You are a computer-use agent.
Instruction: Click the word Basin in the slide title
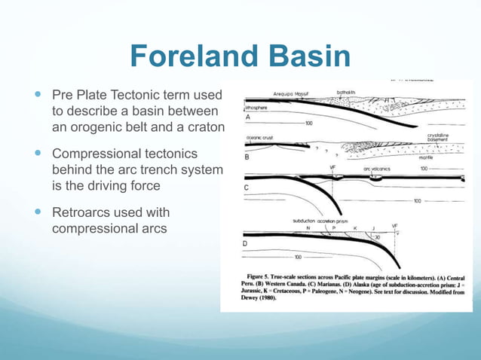click(x=306, y=56)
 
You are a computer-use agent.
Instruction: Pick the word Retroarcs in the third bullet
click(x=78, y=210)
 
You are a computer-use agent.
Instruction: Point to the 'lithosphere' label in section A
click(x=257, y=108)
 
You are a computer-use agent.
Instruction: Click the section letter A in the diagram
click(x=249, y=117)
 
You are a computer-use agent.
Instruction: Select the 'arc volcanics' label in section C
click(x=377, y=169)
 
